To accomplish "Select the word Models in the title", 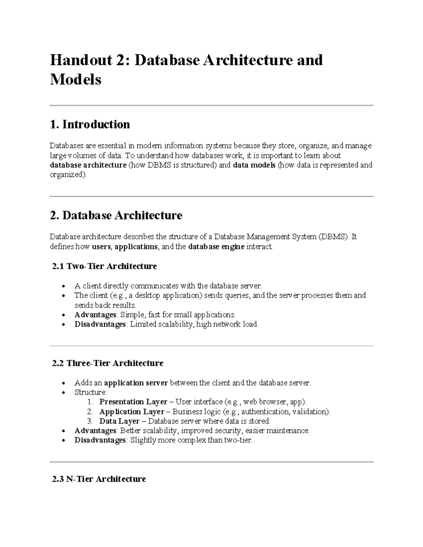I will point(75,80).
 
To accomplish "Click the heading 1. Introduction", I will point(90,124).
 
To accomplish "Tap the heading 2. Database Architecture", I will point(116,215).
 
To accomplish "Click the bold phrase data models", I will point(254,165).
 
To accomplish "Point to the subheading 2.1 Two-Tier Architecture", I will point(104,266).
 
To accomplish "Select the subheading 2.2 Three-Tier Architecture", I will point(108,363).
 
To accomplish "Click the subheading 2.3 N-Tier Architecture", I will point(99,479).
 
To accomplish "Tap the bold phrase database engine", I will point(216,247).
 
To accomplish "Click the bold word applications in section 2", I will point(136,247).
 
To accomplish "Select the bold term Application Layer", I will point(132,411).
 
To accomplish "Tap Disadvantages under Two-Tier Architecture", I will point(100,324).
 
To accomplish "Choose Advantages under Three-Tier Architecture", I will point(95,430).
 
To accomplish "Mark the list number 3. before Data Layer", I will point(90,421).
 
